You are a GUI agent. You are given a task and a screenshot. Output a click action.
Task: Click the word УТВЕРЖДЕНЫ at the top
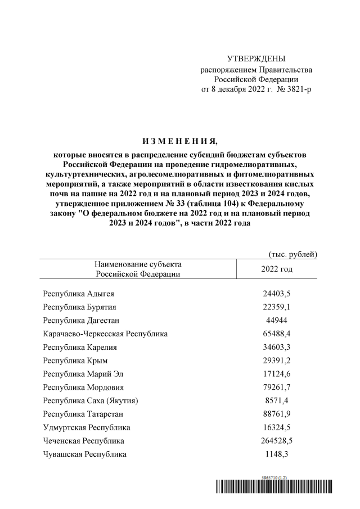tap(256, 59)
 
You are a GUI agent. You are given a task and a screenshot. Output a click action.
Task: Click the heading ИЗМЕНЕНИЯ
tap(178, 140)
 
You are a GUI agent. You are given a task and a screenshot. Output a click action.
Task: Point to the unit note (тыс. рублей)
tap(293, 254)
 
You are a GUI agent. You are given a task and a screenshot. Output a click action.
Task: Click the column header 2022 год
tap(277, 269)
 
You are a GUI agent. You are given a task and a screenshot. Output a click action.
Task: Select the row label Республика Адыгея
tap(80, 293)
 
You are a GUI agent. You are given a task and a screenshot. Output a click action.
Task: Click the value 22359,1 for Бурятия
tap(276, 307)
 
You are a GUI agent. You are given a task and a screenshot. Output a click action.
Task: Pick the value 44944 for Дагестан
tap(276, 320)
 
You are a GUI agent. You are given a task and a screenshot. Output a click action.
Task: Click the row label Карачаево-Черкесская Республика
tap(105, 334)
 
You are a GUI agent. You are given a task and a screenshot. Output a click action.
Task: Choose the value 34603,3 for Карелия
tap(276, 347)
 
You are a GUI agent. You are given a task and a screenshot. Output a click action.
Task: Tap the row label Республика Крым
tap(75, 360)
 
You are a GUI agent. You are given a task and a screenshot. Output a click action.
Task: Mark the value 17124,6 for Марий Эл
tap(276, 373)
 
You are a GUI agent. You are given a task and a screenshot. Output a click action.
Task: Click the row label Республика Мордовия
tap(84, 387)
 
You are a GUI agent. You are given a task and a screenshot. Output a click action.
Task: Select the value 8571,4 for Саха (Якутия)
tap(276, 400)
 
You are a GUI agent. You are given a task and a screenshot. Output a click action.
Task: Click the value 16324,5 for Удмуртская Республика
tap(276, 427)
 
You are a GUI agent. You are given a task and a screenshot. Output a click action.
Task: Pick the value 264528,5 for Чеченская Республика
tap(276, 440)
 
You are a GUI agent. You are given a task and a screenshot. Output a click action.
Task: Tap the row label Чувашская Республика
tap(85, 454)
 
